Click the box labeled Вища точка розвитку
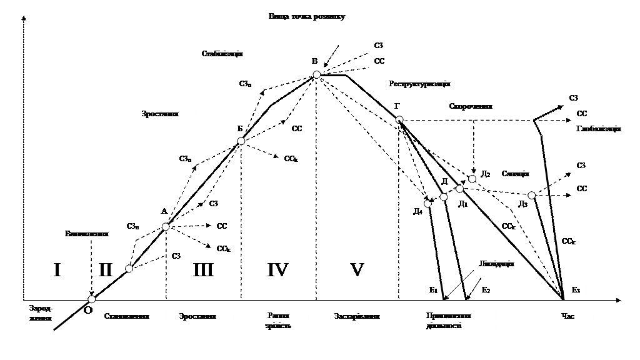(x=316, y=19)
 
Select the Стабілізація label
(x=233, y=56)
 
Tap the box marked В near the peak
(x=312, y=63)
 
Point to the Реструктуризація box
(x=428, y=86)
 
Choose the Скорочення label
(x=481, y=108)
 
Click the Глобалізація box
(x=604, y=131)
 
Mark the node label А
(x=162, y=213)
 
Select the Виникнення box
(x=87, y=236)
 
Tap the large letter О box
(x=87, y=311)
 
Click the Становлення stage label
(x=132, y=318)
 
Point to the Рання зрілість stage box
(x=278, y=326)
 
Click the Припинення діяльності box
(x=458, y=326)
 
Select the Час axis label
(x=574, y=318)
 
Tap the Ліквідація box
(x=503, y=266)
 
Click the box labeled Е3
(x=574, y=291)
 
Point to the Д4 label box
(x=417, y=213)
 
